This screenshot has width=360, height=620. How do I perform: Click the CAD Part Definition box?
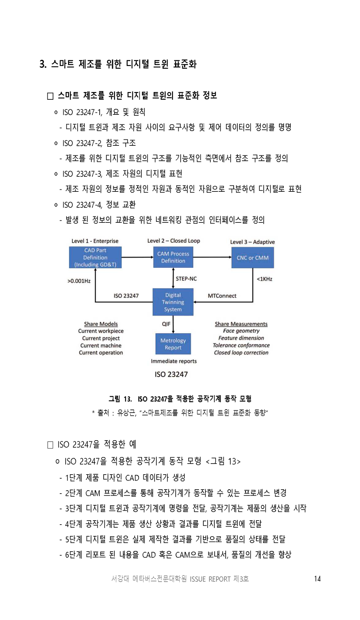95,257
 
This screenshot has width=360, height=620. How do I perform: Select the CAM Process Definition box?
173,257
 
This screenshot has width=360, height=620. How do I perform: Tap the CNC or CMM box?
253,257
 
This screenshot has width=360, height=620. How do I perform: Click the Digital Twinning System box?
173,302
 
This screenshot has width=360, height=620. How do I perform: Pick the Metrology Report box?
173,344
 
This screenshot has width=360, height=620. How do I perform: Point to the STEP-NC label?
186,278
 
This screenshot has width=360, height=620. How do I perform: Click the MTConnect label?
222,296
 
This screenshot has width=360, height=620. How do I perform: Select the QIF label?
166,324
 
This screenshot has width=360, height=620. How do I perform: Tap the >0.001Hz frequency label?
79,281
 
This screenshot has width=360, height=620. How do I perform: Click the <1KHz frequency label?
264,279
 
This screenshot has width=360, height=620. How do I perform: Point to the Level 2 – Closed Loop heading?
174,241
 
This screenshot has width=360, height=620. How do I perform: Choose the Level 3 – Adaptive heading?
252,242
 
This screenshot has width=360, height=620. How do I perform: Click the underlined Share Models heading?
101,324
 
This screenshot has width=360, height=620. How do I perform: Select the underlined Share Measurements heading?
241,324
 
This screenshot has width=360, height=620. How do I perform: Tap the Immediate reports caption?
174,361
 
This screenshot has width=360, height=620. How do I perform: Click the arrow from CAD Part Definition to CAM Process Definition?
137,257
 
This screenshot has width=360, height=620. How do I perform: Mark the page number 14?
317,579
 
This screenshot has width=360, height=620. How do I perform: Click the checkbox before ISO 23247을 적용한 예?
50,445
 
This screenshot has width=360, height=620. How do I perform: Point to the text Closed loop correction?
241,353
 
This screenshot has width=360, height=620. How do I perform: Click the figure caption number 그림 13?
120,399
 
